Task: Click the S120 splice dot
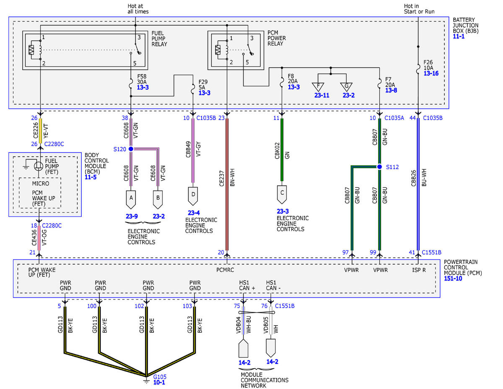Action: (131, 149)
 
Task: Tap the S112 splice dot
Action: (379, 167)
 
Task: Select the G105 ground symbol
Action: (146, 381)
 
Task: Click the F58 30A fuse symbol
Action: (131, 84)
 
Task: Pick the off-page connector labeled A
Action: (131, 199)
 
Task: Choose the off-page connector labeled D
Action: (193, 196)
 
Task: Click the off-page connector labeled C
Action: (282, 194)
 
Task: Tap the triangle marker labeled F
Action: (318, 87)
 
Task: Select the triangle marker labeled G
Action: (346, 87)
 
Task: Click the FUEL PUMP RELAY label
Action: (159, 39)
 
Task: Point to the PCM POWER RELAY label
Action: (277, 38)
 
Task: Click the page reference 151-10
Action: (453, 279)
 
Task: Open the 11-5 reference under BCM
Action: (91, 177)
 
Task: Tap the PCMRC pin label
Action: (225, 270)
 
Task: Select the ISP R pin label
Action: (419, 270)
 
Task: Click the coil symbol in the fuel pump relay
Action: (40, 50)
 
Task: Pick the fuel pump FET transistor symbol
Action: (39, 166)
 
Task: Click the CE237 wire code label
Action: (222, 179)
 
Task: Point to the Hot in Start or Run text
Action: (419, 9)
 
